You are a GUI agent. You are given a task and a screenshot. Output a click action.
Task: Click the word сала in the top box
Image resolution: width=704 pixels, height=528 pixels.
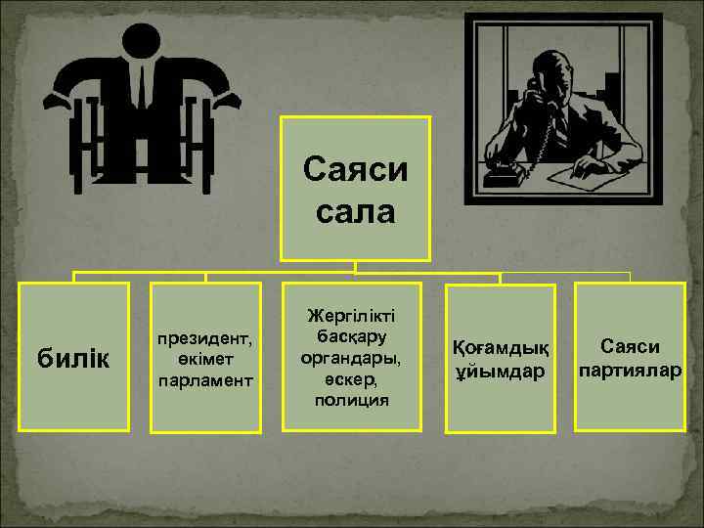pos(355,211)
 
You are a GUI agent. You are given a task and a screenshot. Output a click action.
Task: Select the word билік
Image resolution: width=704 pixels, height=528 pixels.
pos(74,359)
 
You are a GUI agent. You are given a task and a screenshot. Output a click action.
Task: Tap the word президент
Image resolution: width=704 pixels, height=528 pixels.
pos(204,339)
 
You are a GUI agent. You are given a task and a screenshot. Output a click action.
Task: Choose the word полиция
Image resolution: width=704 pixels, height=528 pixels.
pos(354,401)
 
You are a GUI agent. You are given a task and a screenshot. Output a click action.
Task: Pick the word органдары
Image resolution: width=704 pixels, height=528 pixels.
pos(354,358)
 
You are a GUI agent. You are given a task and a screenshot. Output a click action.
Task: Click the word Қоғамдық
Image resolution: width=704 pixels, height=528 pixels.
pos(501,348)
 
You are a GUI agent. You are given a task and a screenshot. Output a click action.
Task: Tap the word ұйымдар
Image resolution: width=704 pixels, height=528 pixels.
pos(501,371)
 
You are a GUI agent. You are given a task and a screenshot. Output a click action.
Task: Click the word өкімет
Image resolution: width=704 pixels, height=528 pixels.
pos(204,359)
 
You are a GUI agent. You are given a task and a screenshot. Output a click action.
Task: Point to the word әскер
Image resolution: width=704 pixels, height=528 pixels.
pos(354,379)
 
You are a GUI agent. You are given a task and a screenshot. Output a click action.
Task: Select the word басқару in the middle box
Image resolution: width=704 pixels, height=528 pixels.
pos(354,336)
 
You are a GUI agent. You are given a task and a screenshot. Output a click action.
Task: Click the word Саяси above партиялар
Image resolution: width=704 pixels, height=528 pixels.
pos(630,348)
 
